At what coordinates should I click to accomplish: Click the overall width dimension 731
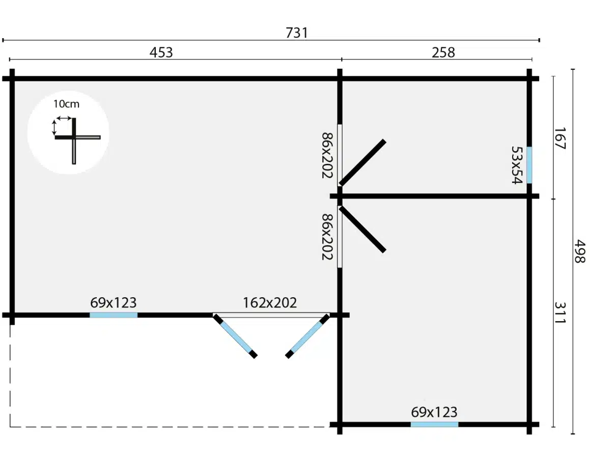coord(296,33)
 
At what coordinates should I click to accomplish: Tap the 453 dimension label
coord(161,52)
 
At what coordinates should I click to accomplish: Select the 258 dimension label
coord(443,52)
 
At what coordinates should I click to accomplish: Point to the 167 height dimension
coord(559,138)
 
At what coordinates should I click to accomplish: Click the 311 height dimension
coord(559,312)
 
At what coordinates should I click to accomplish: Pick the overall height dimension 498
coord(580,251)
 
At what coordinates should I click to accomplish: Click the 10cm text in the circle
coord(66,104)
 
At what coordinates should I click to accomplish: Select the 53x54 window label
coord(517,165)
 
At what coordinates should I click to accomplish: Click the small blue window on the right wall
coord(529,165)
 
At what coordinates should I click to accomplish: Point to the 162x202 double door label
coord(270,302)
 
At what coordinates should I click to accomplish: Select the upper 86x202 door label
coord(327,155)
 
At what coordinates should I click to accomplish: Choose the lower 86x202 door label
coord(327,237)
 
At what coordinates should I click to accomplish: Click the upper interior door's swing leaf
coord(362,162)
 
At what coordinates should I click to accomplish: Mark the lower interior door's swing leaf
coord(362,229)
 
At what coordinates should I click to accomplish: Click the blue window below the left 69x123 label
coord(114,315)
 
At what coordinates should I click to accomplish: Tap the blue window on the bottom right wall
coord(434,424)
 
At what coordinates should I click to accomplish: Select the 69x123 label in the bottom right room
coord(434,412)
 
